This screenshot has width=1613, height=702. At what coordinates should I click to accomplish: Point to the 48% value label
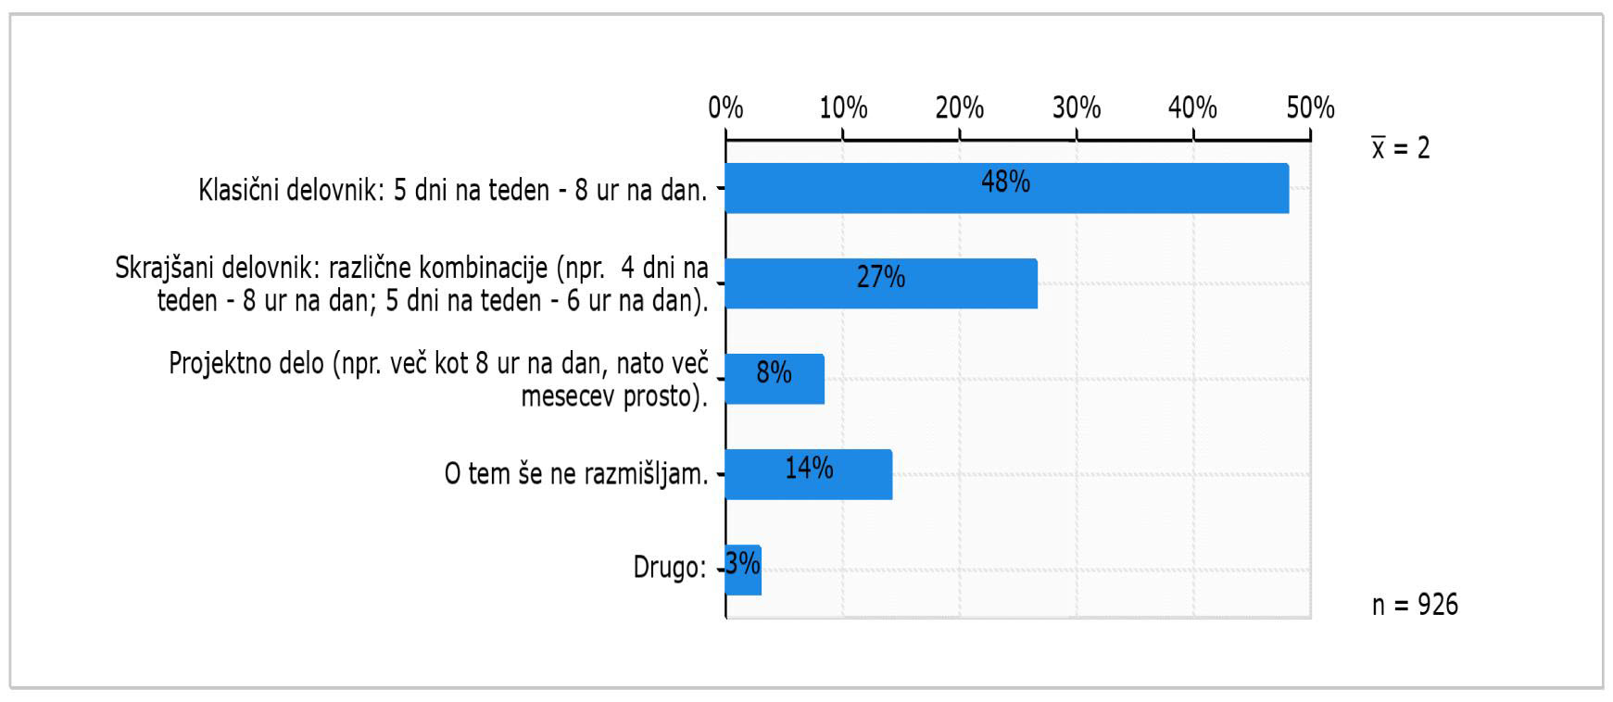tap(1005, 182)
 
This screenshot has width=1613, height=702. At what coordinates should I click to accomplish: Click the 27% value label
tap(880, 277)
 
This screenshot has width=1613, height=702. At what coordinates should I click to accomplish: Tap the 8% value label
tap(774, 372)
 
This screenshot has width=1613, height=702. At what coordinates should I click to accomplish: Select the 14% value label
tap(809, 468)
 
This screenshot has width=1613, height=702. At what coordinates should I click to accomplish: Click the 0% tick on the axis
tap(725, 108)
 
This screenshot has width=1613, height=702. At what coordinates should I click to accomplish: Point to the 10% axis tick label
tap(843, 108)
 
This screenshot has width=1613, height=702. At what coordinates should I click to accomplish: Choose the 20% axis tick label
tap(959, 108)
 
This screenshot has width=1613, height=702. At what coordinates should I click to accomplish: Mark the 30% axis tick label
tap(1076, 108)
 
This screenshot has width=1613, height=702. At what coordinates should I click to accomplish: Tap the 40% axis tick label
tap(1192, 108)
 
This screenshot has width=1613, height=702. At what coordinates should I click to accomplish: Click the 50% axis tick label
tap(1310, 108)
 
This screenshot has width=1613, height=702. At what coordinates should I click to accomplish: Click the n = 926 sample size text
tap(1415, 605)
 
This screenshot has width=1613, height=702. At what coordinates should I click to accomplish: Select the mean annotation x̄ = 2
tap(1401, 148)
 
